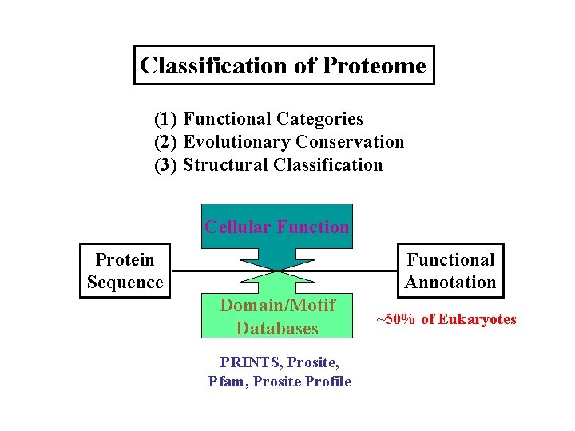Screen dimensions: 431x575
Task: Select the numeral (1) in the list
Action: click(x=165, y=119)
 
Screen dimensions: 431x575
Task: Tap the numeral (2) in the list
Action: click(x=165, y=142)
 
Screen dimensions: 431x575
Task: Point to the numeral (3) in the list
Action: click(x=165, y=165)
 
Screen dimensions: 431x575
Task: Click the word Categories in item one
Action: click(x=319, y=119)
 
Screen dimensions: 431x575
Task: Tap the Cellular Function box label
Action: click(x=276, y=227)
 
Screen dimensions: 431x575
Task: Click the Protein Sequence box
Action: click(x=125, y=271)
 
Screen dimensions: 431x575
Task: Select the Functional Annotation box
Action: click(x=450, y=271)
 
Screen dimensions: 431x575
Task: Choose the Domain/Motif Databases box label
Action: click(x=276, y=317)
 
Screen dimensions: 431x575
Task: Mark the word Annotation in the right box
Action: click(x=450, y=283)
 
